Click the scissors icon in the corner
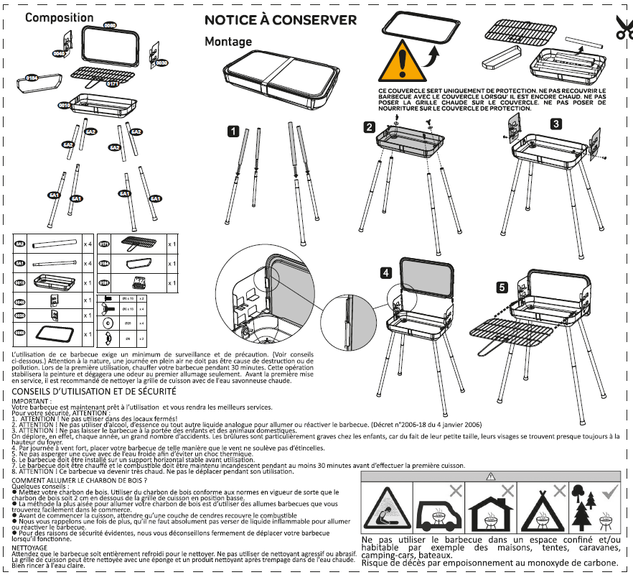[623, 27]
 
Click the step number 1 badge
[233, 132]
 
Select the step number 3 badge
[556, 124]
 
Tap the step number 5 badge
[502, 287]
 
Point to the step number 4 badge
[386, 272]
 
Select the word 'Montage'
[228, 42]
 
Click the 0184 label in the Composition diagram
[32, 76]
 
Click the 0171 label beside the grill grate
[113, 84]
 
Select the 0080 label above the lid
[110, 25]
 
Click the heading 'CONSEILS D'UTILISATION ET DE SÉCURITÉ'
[94, 392]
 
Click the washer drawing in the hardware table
[108, 323]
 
